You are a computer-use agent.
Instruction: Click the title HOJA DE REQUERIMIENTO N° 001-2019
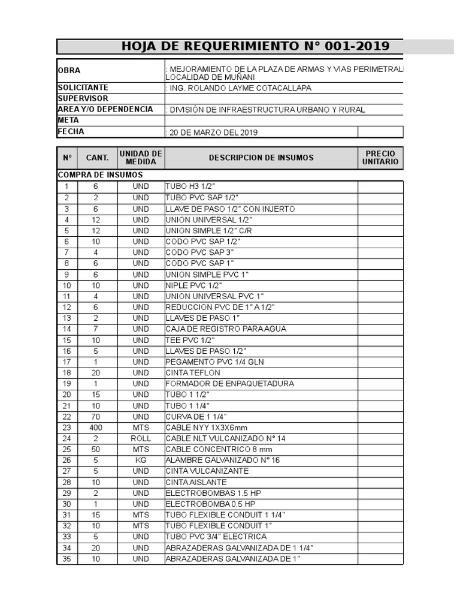[x=255, y=46]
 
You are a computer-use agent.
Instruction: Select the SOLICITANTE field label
[x=83, y=88]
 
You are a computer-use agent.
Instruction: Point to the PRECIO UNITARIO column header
[x=380, y=158]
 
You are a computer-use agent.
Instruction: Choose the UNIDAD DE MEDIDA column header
[x=141, y=158]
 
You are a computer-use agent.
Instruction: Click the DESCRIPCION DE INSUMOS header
[x=261, y=158]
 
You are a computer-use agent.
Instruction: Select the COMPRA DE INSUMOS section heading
[x=100, y=174]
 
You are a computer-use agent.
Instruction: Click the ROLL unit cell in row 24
[x=141, y=438]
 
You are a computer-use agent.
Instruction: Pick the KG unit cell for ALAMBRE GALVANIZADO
[x=141, y=460]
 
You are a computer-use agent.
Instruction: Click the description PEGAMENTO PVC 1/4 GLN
[x=214, y=362]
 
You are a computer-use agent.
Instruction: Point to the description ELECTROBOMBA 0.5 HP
[x=210, y=504]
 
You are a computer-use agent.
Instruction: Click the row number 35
[x=67, y=559]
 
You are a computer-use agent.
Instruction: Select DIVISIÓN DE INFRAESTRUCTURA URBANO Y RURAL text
[x=267, y=110]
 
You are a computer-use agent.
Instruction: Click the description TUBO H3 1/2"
[x=190, y=187]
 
